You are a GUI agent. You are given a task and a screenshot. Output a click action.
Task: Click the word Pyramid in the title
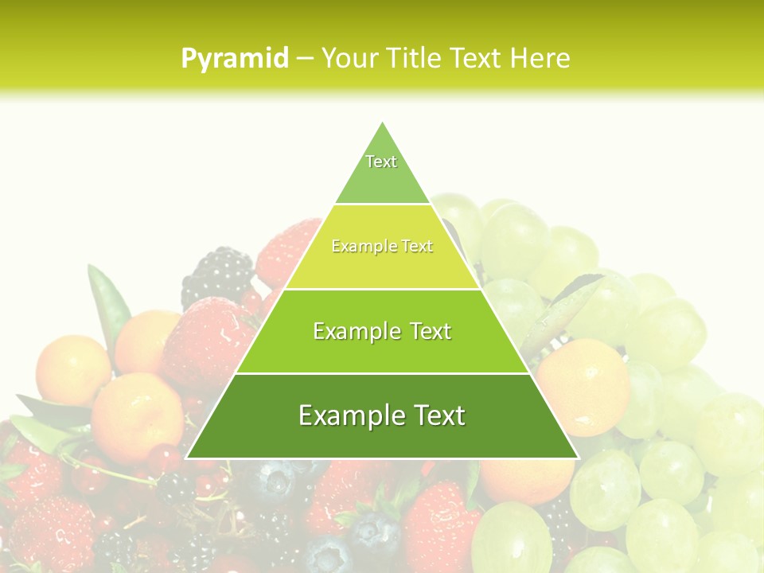235,59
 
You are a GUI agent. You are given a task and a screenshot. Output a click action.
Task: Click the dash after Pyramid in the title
305,59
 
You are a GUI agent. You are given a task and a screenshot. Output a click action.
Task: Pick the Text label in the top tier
381,162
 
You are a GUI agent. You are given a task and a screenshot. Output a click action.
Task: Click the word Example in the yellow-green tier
359,247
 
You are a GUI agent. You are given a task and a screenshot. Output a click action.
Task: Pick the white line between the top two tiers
382,205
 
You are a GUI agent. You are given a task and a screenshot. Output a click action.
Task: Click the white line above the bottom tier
382,373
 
